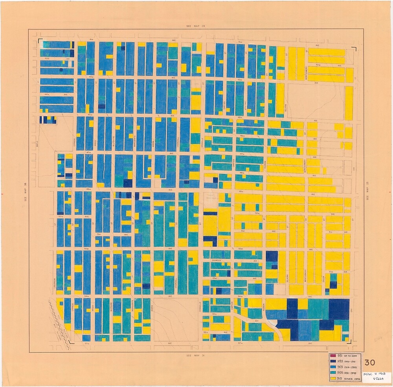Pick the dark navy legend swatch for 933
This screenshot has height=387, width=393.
(x=333, y=361)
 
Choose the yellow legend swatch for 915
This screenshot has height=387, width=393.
(x=333, y=379)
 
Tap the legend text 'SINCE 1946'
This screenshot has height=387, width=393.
(x=352, y=379)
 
